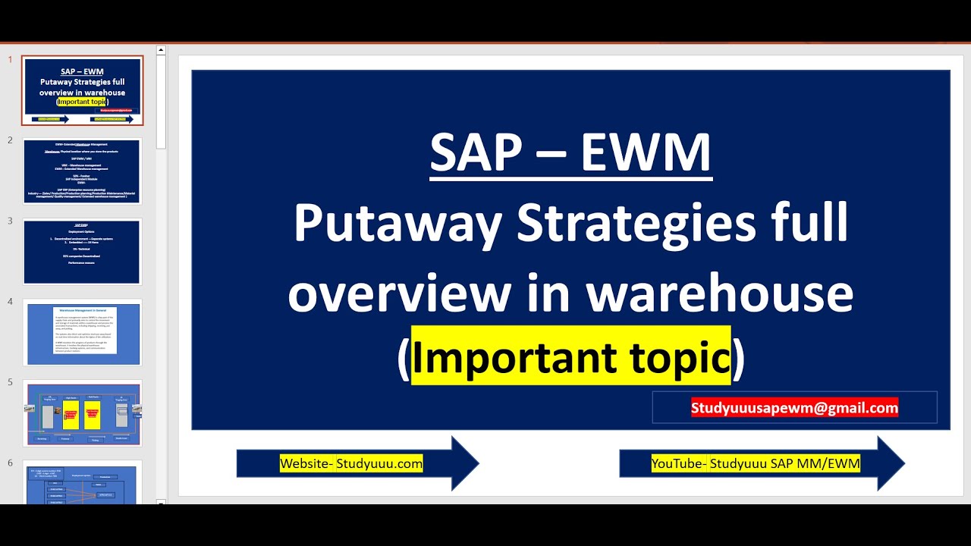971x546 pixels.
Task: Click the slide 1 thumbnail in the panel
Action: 83,90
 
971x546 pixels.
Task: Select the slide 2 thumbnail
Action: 83,171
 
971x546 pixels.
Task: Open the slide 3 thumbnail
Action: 83,252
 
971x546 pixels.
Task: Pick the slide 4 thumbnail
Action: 83,332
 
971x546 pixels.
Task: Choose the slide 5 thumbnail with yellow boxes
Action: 83,413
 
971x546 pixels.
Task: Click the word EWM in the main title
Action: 646,153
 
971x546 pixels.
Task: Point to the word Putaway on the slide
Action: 398,224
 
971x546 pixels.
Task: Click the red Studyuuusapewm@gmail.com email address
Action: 794,408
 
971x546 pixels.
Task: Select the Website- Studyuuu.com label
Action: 351,463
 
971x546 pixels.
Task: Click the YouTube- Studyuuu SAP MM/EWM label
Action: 756,463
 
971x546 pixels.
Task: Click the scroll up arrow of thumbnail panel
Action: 161,51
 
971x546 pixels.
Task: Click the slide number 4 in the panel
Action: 11,302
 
